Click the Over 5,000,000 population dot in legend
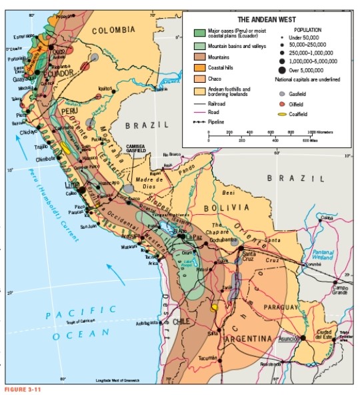(x=283, y=70)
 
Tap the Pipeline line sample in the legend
(x=199, y=122)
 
